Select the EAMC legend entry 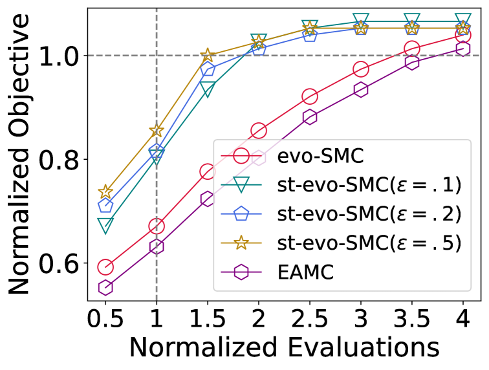pyautogui.click(x=307, y=272)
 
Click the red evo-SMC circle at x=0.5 pyautogui.click(x=105, y=267)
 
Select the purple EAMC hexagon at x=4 pyautogui.click(x=463, y=49)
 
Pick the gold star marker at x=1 pyautogui.click(x=157, y=131)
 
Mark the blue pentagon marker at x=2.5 pyautogui.click(x=310, y=35)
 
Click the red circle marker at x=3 pyautogui.click(x=361, y=69)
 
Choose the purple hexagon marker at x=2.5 pyautogui.click(x=310, y=117)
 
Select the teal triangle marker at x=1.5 pyautogui.click(x=208, y=90)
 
